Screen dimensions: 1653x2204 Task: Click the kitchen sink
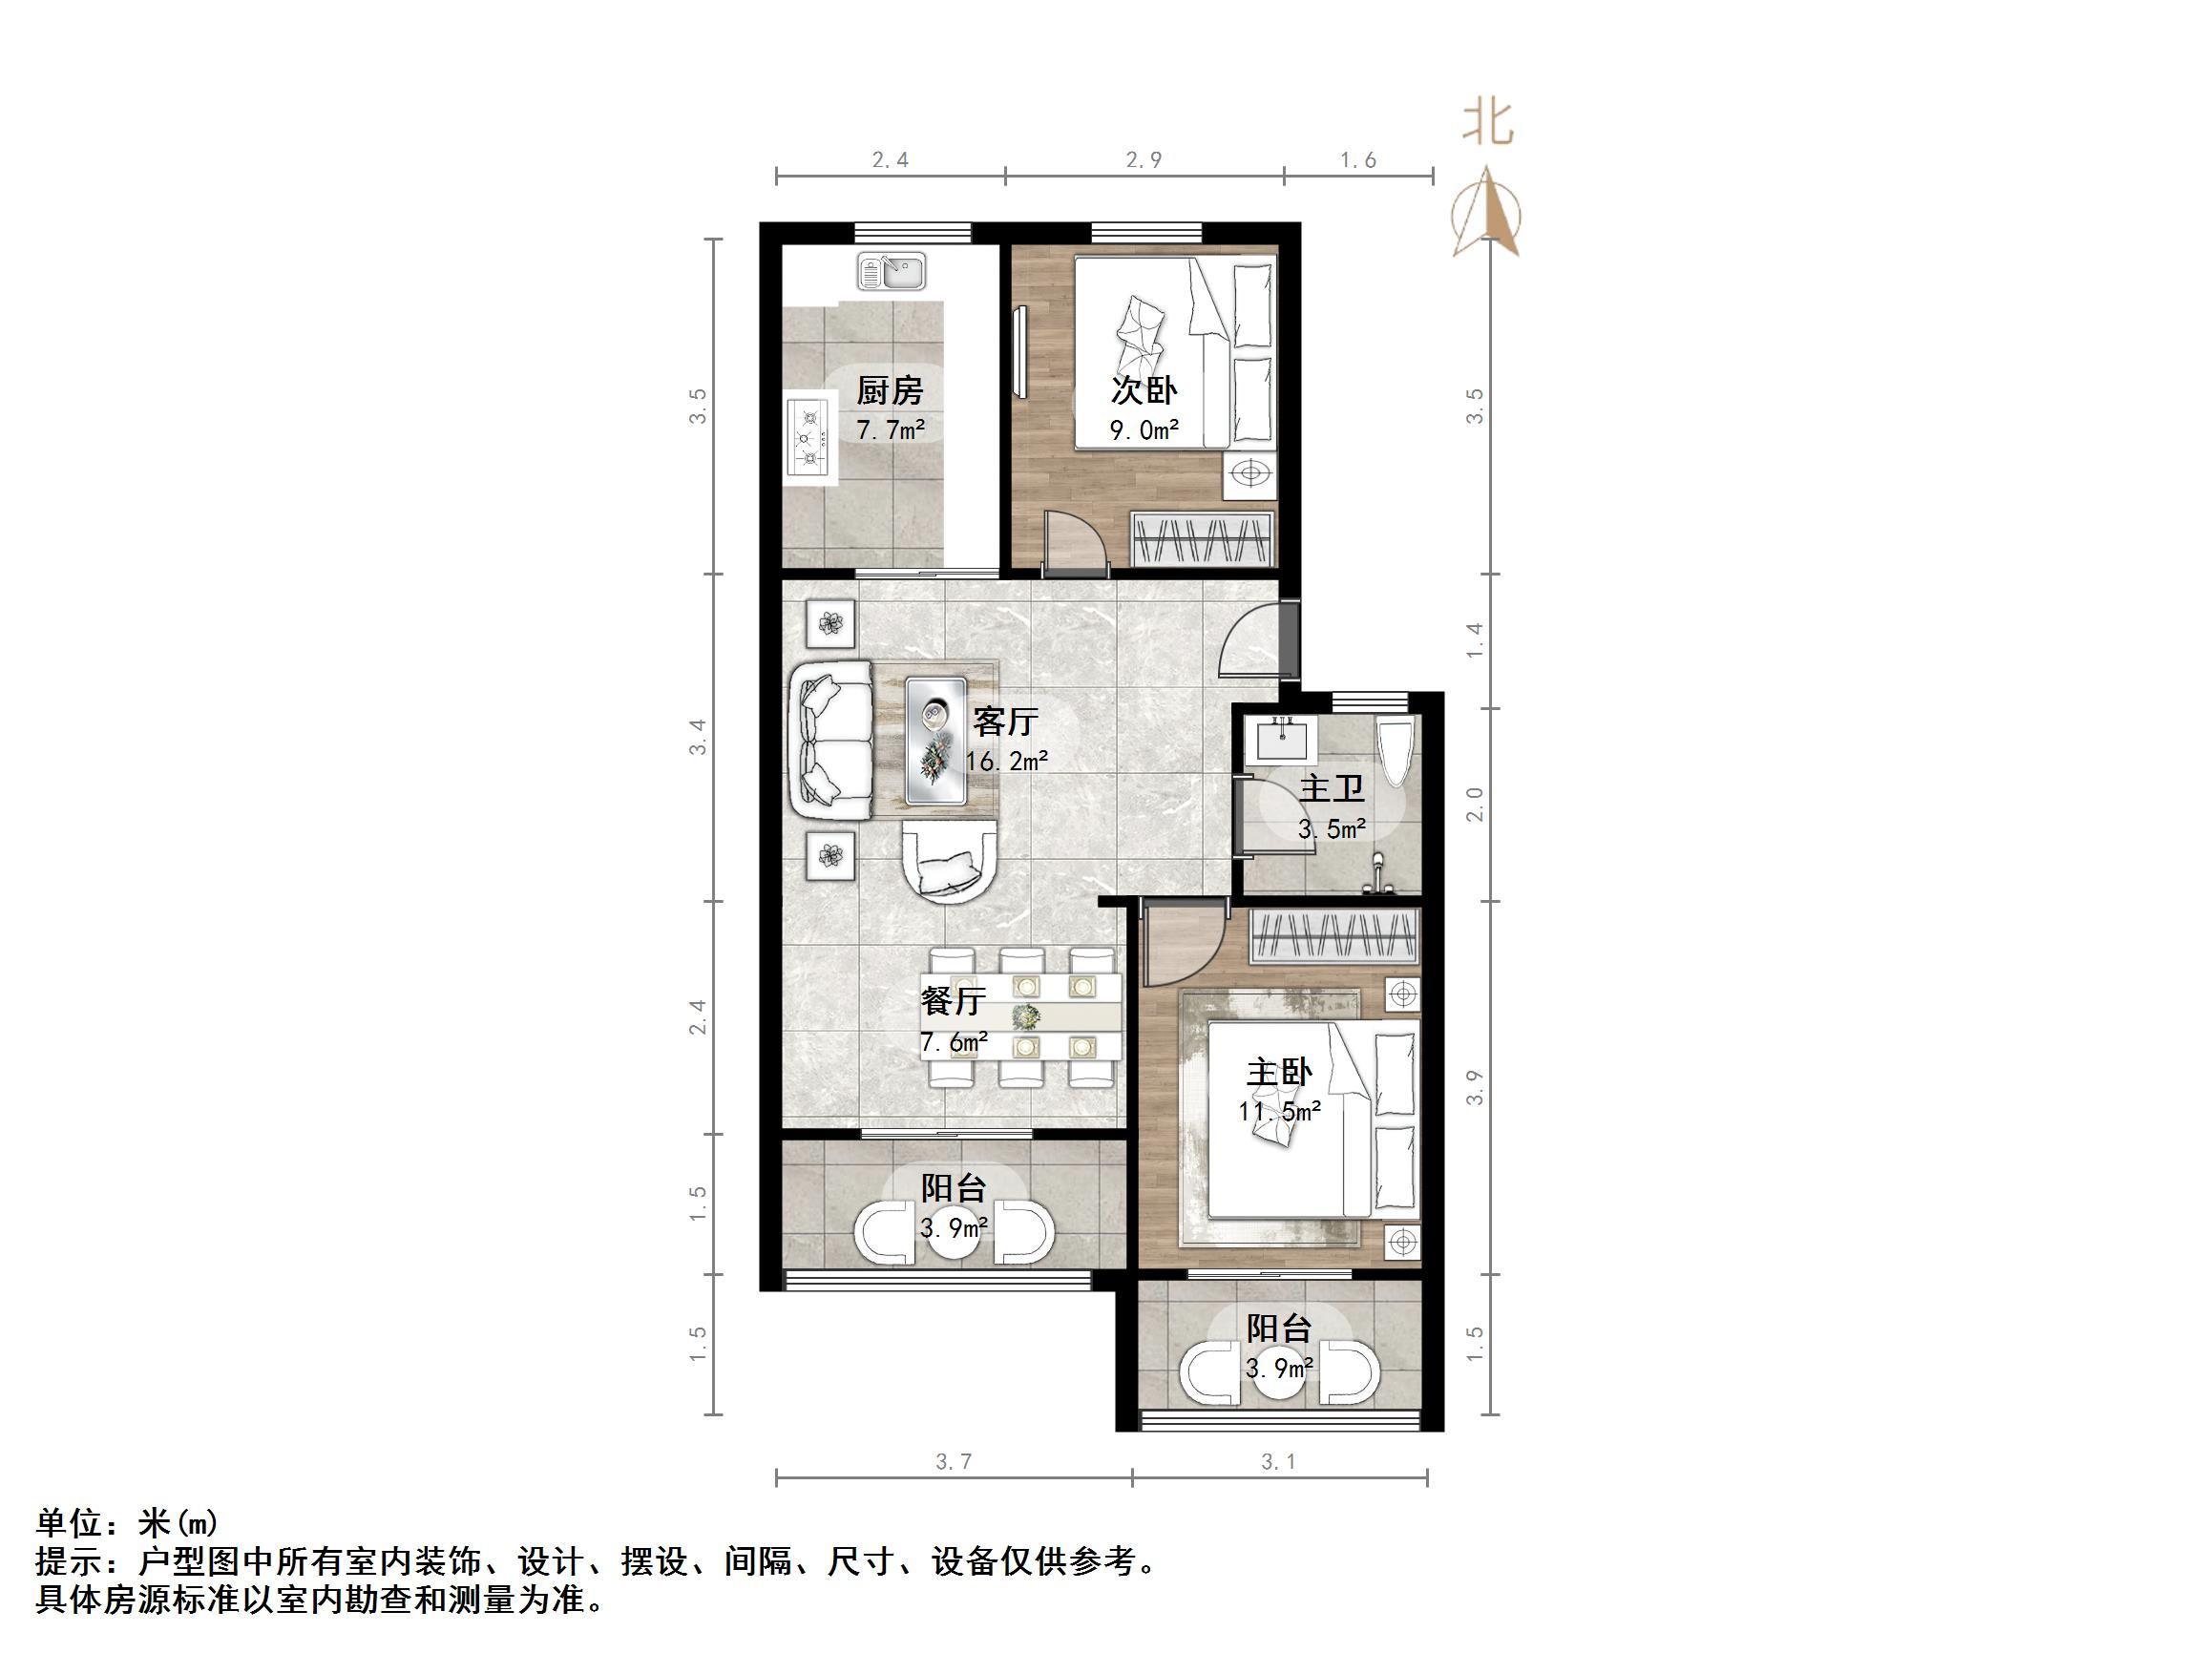pyautogui.click(x=892, y=270)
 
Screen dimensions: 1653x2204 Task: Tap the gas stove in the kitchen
pyautogui.click(x=809, y=434)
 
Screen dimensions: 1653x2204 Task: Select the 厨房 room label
pyautogui.click(x=890, y=390)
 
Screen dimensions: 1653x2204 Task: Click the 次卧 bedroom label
pyautogui.click(x=1144, y=390)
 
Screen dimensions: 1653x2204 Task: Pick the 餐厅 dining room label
pyautogui.click(x=954, y=1000)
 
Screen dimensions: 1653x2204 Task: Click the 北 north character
pyautogui.click(x=1487, y=123)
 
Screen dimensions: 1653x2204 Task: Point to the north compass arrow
pyautogui.click(x=1486, y=214)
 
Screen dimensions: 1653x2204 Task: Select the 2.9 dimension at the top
pyautogui.click(x=1143, y=159)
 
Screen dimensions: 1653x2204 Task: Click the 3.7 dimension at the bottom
pyautogui.click(x=954, y=1462)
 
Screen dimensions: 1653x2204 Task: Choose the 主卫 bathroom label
pyautogui.click(x=1332, y=789)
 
